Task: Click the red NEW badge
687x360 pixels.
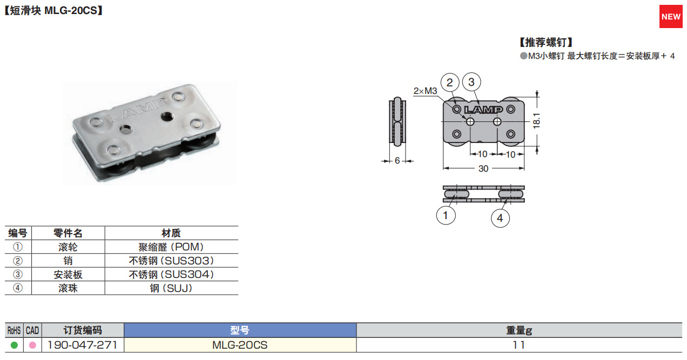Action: pyautogui.click(x=671, y=17)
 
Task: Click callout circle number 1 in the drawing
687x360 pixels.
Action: pyautogui.click(x=446, y=216)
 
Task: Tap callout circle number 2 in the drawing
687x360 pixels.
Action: pyautogui.click(x=450, y=82)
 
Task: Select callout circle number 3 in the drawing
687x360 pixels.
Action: pyautogui.click(x=472, y=82)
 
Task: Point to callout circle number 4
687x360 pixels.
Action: pyautogui.click(x=500, y=218)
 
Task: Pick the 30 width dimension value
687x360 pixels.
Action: pyautogui.click(x=483, y=168)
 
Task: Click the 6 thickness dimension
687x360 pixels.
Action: pyautogui.click(x=397, y=160)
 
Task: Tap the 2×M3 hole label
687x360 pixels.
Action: pyautogui.click(x=425, y=91)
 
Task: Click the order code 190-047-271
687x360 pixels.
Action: pyautogui.click(x=83, y=345)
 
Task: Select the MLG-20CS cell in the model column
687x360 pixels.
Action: pyautogui.click(x=240, y=345)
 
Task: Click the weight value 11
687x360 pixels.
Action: pyautogui.click(x=518, y=345)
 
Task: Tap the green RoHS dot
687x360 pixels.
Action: pyautogui.click(x=14, y=345)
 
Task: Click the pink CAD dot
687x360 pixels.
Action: pyautogui.click(x=32, y=345)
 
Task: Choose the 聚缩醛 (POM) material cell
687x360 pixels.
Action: pyautogui.click(x=171, y=247)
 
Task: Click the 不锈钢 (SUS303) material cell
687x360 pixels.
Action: pyautogui.click(x=171, y=261)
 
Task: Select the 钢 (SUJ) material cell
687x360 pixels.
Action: pyautogui.click(x=171, y=288)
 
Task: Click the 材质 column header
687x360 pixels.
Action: pyautogui.click(x=171, y=233)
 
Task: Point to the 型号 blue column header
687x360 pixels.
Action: pyautogui.click(x=240, y=330)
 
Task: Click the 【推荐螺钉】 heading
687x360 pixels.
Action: pyautogui.click(x=545, y=42)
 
